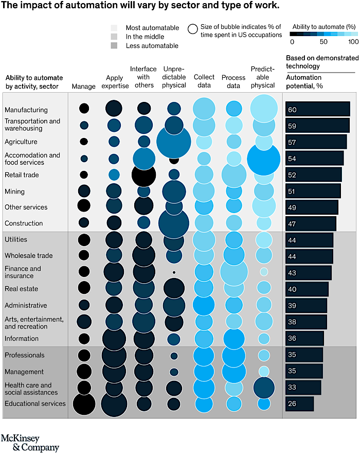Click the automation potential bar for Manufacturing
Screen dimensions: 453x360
pyautogui.click(x=318, y=109)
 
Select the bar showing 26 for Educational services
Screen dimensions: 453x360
pyautogui.click(x=299, y=404)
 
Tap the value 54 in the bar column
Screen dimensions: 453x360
pyautogui.click(x=292, y=158)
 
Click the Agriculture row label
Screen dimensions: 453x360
pyautogui.click(x=21, y=142)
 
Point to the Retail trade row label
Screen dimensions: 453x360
pyautogui.click(x=22, y=175)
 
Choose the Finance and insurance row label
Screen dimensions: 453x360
pyautogui.click(x=23, y=272)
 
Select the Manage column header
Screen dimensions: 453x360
pyautogui.click(x=84, y=86)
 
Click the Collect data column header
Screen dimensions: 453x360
pyautogui.click(x=204, y=81)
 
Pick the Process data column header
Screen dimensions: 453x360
pyautogui.click(x=233, y=81)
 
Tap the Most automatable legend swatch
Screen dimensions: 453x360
pyautogui.click(x=114, y=28)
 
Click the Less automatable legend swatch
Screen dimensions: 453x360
pyautogui.click(x=114, y=46)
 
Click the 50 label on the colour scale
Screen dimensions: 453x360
pyautogui.click(x=323, y=42)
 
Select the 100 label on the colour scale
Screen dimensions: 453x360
pyautogui.click(x=353, y=42)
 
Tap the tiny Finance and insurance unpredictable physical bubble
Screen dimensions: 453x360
pyautogui.click(x=174, y=272)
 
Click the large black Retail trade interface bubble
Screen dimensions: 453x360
pyautogui.click(x=144, y=175)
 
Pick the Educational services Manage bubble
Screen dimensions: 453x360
pyautogui.click(x=84, y=404)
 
